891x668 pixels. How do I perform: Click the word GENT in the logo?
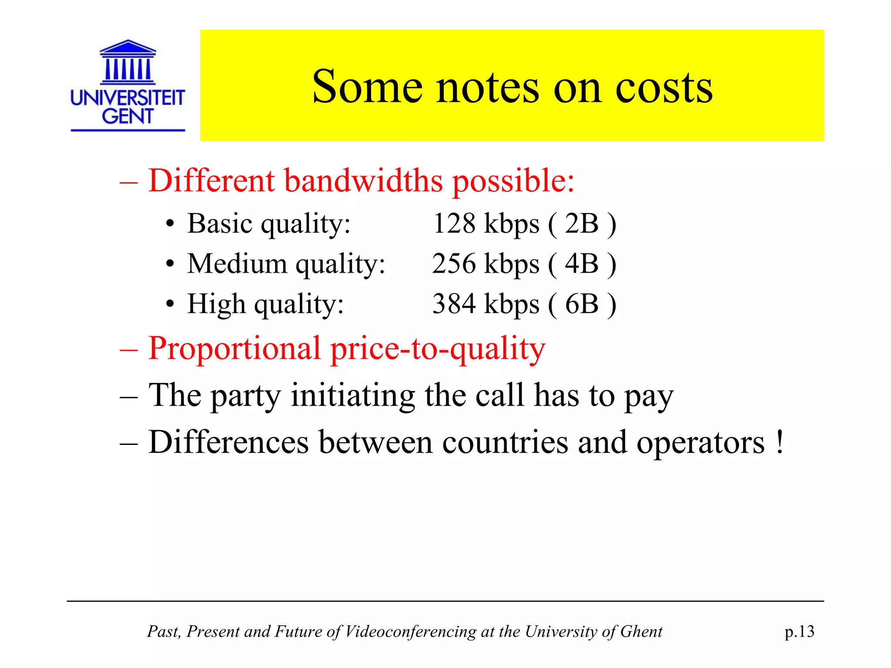127,116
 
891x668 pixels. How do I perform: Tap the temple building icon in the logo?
127,62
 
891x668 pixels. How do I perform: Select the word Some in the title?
367,87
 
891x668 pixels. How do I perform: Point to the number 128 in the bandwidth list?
454,224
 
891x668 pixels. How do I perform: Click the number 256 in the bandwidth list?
454,264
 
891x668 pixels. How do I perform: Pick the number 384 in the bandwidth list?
454,304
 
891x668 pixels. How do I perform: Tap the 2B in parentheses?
582,224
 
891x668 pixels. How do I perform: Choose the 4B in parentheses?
582,264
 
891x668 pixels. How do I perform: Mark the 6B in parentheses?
582,304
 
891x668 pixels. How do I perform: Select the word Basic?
220,224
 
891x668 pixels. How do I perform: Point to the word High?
216,304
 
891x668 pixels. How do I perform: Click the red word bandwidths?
363,180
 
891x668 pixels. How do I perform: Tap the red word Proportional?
234,349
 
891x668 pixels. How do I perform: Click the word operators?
700,443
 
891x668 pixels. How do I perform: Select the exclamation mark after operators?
780,442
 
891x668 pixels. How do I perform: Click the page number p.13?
799,631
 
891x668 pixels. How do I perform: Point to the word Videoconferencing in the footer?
411,631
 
